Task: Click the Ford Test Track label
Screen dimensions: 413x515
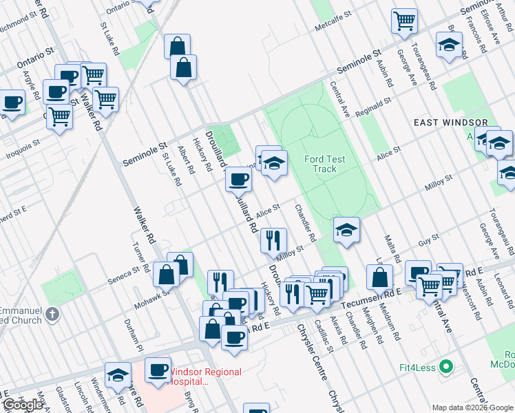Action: pyautogui.click(x=324, y=164)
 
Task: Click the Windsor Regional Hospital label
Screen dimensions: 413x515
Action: pyautogui.click(x=204, y=376)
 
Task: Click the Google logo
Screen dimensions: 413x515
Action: pyautogui.click(x=24, y=405)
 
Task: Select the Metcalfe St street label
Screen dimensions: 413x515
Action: pyautogui.click(x=333, y=24)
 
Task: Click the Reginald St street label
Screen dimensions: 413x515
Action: pyautogui.click(x=375, y=104)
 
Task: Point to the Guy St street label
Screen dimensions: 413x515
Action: pyautogui.click(x=429, y=242)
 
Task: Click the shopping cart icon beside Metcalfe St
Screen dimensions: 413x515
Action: pyautogui.click(x=404, y=21)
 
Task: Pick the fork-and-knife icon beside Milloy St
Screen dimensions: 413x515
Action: pyautogui.click(x=273, y=240)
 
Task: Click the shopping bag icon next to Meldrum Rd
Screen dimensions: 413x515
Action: pyautogui.click(x=379, y=277)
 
